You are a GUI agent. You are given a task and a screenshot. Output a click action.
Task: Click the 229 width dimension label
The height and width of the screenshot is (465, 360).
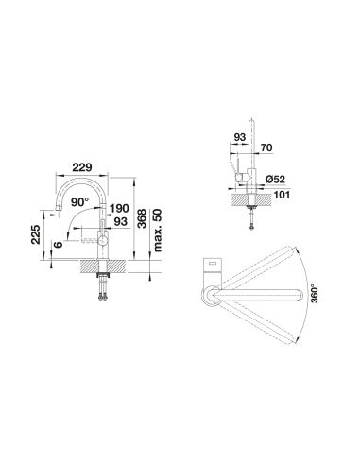pyautogui.click(x=82, y=167)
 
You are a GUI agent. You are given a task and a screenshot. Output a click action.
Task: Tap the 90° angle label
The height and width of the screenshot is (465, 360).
pyautogui.click(x=80, y=202)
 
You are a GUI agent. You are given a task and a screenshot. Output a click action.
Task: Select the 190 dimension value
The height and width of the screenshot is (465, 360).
pyautogui.click(x=119, y=208)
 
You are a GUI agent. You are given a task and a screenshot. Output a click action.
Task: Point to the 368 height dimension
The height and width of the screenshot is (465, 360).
pyautogui.click(x=143, y=218)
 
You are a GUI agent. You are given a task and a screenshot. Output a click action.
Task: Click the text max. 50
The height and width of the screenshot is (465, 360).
pyautogui.click(x=157, y=231)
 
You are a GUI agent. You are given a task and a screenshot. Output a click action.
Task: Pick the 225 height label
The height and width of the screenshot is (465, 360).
pyautogui.click(x=36, y=234)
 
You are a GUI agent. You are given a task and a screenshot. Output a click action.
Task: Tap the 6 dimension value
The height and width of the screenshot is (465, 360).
pyautogui.click(x=58, y=244)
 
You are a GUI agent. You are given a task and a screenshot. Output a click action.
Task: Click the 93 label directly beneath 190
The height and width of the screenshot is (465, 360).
pyautogui.click(x=121, y=222)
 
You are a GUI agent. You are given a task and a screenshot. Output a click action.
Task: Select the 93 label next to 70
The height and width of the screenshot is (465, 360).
pyautogui.click(x=240, y=137)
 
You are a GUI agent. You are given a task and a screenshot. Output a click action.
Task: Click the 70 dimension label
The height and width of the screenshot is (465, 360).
pyautogui.click(x=266, y=147)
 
